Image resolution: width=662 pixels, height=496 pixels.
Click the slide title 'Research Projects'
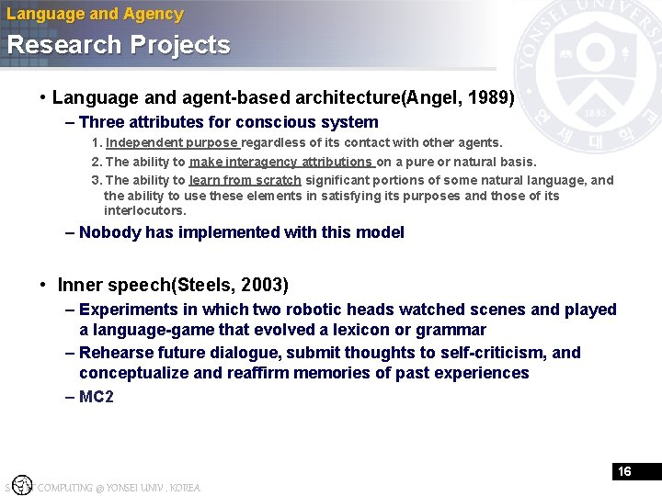coord(119,45)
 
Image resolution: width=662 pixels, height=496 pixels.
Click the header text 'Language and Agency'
coord(95,14)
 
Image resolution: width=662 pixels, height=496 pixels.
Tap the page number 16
coord(624,471)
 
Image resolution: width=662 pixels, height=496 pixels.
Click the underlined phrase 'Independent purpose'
coord(172,142)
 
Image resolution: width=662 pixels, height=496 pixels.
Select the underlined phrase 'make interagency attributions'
coord(280,162)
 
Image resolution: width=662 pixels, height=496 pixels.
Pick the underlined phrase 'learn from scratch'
coord(245,180)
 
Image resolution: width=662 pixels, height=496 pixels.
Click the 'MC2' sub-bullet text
coord(97,397)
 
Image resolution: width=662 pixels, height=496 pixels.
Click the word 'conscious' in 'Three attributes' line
coord(270,122)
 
